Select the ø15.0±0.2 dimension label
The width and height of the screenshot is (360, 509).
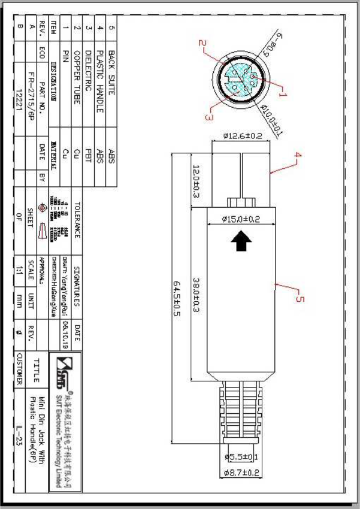(x=241, y=219)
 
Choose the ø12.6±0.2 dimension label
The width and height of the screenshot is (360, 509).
(x=243, y=136)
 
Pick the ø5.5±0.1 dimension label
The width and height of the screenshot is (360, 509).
(x=241, y=457)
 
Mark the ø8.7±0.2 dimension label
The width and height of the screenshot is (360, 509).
(x=241, y=473)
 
